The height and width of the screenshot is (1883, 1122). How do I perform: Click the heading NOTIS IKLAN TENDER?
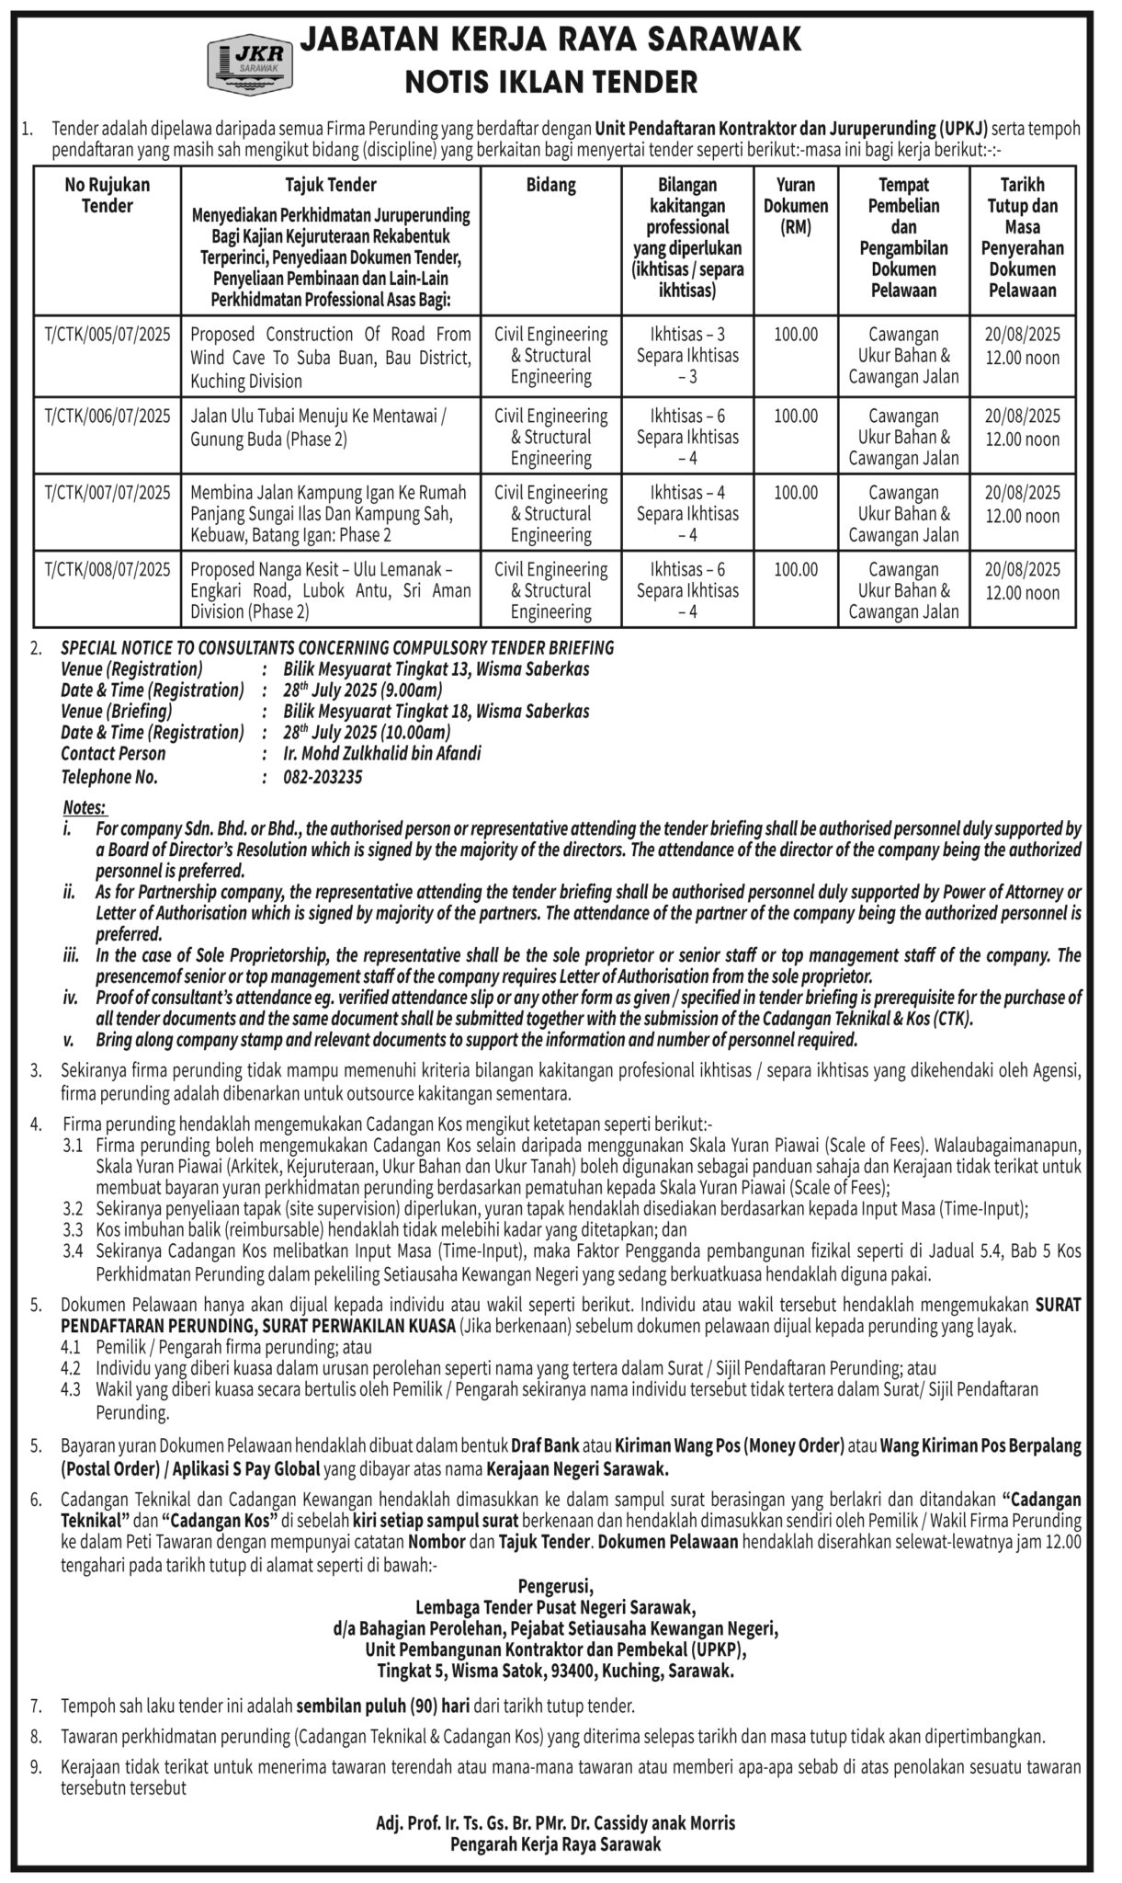(x=551, y=83)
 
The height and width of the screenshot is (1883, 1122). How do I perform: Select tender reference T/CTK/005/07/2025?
(x=108, y=336)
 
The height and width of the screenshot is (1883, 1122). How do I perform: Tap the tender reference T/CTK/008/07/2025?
(x=108, y=570)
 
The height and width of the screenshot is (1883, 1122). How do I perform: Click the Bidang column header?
(x=550, y=185)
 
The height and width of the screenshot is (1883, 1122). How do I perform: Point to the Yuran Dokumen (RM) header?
(x=796, y=206)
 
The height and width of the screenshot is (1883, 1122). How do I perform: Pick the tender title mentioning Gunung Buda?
(x=317, y=428)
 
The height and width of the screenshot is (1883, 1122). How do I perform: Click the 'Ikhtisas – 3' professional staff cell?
(x=687, y=335)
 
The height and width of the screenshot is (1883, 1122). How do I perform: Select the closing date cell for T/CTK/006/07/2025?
(x=1023, y=428)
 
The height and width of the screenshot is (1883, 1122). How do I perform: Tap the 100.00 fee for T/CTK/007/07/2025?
(x=796, y=493)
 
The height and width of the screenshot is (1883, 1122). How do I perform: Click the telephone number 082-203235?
(x=323, y=777)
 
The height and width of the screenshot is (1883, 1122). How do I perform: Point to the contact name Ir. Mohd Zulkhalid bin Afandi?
(x=382, y=754)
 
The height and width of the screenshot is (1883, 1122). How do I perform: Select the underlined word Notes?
(x=85, y=807)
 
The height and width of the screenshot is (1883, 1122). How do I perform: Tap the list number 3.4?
(x=74, y=1250)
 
